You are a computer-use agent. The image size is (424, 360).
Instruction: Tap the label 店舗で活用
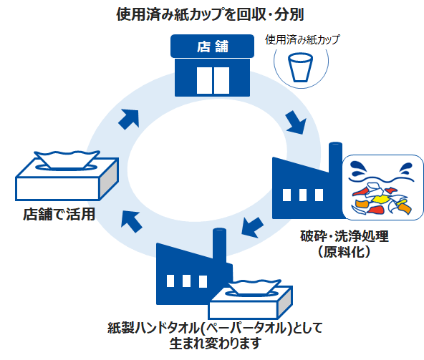click(x=60, y=214)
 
